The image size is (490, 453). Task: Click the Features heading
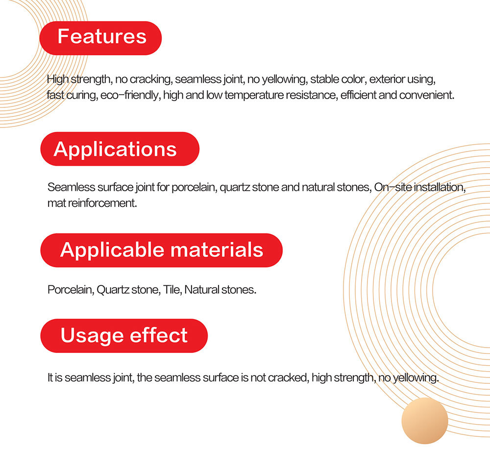tap(102, 36)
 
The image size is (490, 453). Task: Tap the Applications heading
tap(115, 149)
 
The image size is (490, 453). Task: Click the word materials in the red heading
tap(217, 250)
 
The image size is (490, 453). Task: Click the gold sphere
tap(425, 421)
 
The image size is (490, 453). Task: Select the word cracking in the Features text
tap(151, 79)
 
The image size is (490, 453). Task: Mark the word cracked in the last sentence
tap(289, 377)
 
